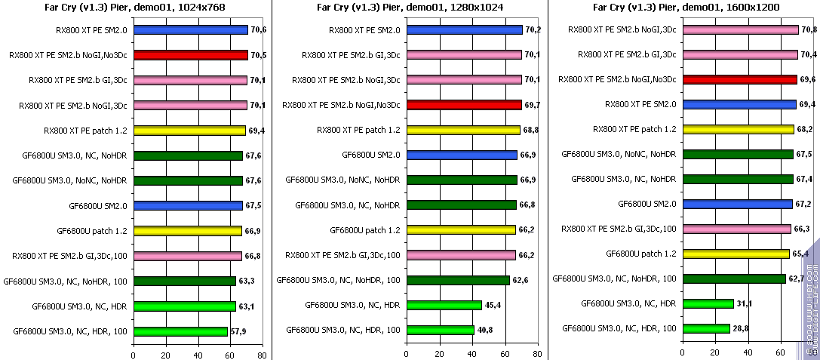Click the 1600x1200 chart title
[x=686, y=8]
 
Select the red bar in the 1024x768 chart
[x=190, y=55]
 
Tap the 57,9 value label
[x=239, y=331]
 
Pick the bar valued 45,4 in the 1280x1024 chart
[x=444, y=305]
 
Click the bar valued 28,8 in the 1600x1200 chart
[x=706, y=328]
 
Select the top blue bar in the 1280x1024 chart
[x=464, y=30]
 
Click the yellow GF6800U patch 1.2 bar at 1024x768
[x=187, y=231]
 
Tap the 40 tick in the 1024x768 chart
[x=198, y=355]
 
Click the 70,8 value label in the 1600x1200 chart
[x=809, y=30]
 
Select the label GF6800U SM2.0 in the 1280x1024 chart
[x=371, y=155]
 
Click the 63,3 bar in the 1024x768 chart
[x=185, y=281]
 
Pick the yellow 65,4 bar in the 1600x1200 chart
[x=736, y=254]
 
